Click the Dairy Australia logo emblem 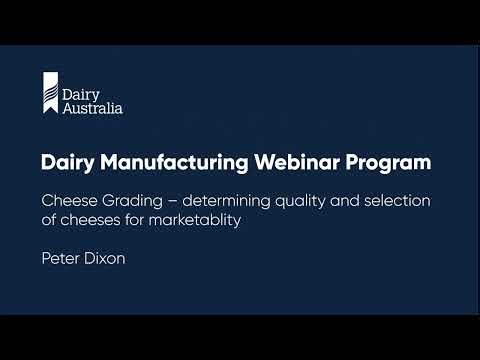tap(49, 93)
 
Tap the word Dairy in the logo tap(78, 91)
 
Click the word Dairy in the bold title tap(66, 161)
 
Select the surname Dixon tap(108, 256)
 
